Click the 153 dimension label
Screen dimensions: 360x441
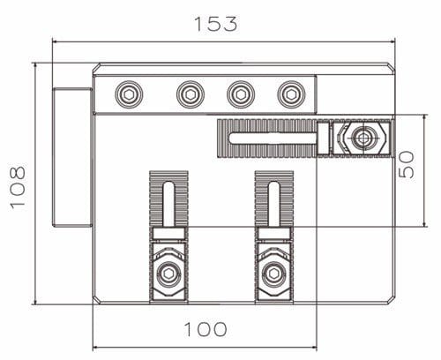216,23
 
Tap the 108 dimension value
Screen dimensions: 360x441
18,185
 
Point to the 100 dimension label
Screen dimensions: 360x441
205,329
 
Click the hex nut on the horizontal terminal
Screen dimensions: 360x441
361,139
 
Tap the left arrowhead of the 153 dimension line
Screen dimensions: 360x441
56,40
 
